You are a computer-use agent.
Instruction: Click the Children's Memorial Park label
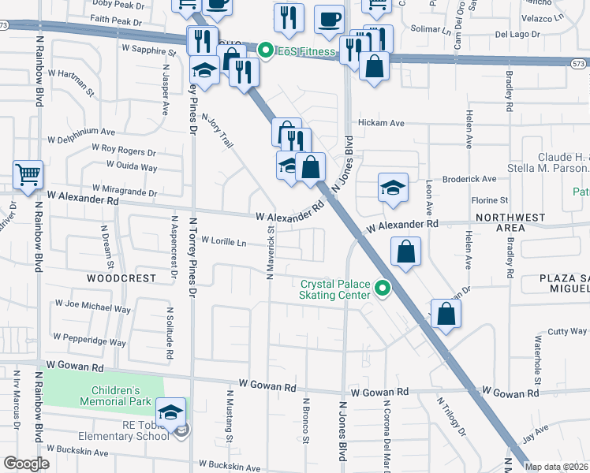[x=115, y=396]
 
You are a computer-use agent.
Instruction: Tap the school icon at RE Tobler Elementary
[x=170, y=412]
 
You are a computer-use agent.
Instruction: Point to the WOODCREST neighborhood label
[x=122, y=278]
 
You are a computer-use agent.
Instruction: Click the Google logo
[x=26, y=463]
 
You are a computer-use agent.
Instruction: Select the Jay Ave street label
[x=534, y=430]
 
